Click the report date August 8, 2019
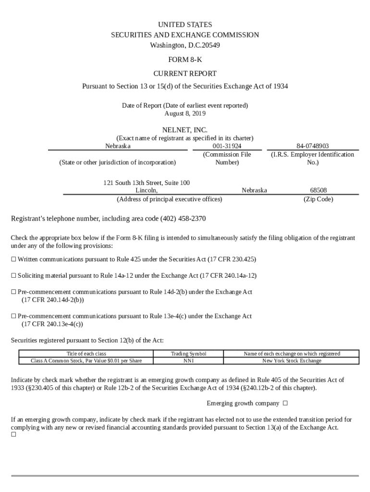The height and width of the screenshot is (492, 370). (x=185, y=113)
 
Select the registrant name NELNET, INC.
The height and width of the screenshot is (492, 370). (x=185, y=130)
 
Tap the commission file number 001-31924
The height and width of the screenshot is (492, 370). (x=227, y=146)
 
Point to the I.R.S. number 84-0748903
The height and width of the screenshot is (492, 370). (x=313, y=146)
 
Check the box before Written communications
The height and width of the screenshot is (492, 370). (x=13, y=259)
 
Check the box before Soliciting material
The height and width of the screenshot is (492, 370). (x=13, y=276)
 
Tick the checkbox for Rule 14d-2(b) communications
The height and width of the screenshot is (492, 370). (x=13, y=292)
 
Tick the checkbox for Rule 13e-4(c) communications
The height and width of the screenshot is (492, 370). (x=13, y=317)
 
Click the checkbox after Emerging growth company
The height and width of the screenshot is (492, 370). (x=285, y=403)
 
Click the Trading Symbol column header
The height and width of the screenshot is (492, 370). (x=188, y=354)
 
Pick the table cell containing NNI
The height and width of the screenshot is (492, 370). (x=188, y=361)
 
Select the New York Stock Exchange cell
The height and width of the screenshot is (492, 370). (x=292, y=361)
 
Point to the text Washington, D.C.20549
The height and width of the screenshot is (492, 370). (x=185, y=46)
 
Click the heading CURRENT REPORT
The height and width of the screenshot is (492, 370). (x=185, y=74)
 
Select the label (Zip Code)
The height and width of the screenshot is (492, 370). (x=318, y=199)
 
